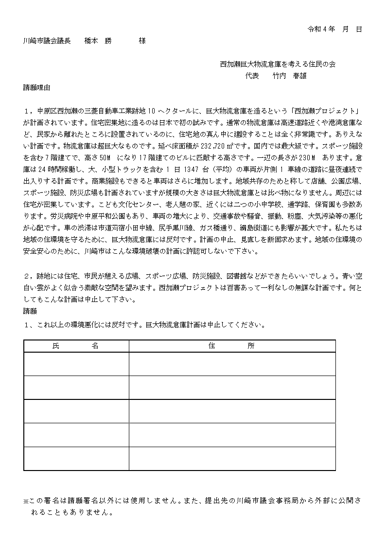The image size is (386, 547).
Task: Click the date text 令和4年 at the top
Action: point(322,29)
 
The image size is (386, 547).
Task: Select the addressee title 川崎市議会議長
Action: point(47,41)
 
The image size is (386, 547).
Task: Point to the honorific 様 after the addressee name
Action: point(142,41)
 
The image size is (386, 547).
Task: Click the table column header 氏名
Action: point(75,346)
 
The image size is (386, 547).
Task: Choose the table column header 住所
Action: point(231,346)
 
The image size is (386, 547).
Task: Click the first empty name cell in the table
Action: point(76,364)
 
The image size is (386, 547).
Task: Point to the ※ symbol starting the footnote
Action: point(26,501)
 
